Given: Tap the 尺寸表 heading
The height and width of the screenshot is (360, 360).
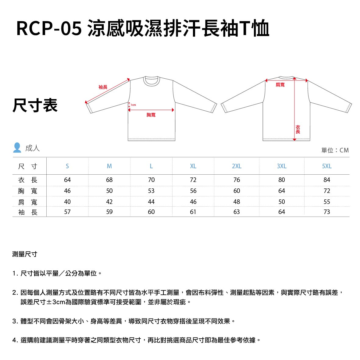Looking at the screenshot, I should (x=35, y=105).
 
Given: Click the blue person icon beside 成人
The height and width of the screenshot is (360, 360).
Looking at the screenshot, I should (x=17, y=148).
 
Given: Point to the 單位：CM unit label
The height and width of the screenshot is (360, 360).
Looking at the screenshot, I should (x=335, y=150).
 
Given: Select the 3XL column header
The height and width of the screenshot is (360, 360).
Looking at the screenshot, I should (x=281, y=166).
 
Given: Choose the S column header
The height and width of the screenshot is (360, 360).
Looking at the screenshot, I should (x=67, y=166).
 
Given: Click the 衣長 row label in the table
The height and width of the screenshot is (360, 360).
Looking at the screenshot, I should (x=28, y=180).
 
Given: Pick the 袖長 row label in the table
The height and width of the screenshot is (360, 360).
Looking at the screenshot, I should (x=28, y=212).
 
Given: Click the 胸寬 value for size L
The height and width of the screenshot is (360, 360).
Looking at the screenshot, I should (x=151, y=191).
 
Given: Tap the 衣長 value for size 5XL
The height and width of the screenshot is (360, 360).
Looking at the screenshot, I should (x=327, y=180).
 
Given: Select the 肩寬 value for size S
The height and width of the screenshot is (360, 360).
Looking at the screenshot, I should (x=67, y=202).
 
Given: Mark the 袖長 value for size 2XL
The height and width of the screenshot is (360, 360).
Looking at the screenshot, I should (x=237, y=212).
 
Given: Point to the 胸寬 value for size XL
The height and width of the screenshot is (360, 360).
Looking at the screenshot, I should (x=193, y=191).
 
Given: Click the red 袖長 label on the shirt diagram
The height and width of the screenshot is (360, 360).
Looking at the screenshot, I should (x=103, y=87).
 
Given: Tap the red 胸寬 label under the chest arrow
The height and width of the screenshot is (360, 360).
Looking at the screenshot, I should (x=151, y=115).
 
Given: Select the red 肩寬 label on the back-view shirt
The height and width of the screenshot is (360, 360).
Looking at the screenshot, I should (x=280, y=85).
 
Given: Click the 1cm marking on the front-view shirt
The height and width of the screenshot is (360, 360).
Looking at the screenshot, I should (x=133, y=105).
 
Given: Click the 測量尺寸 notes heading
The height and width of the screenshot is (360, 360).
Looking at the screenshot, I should (x=25, y=254).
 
